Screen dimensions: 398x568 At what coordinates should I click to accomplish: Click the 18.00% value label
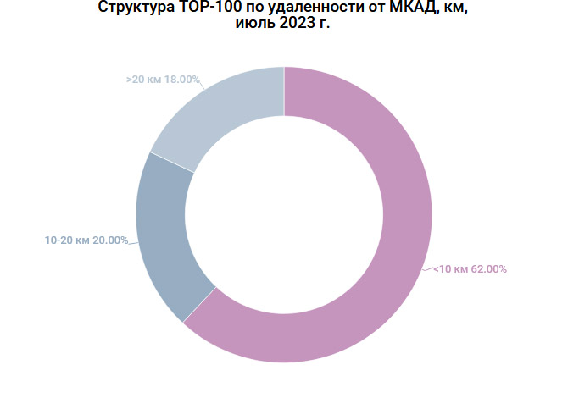[x=182, y=80]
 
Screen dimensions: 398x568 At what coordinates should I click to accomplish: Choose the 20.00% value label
[x=110, y=240]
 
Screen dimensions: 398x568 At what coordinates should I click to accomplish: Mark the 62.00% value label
[x=489, y=269]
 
